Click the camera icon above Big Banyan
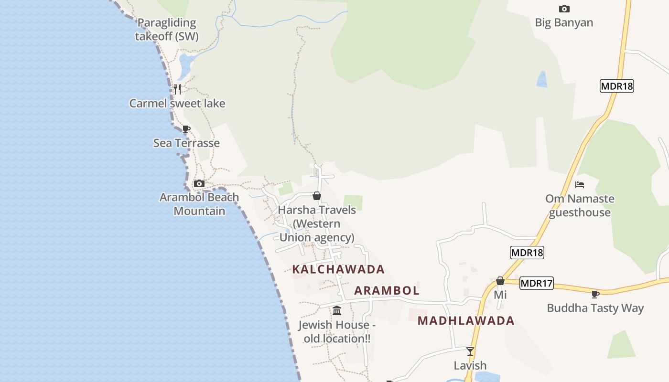coord(564,9)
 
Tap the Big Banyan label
coord(564,22)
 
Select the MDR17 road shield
coord(536,283)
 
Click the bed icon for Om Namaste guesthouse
coord(580,185)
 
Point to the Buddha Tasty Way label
coord(595,308)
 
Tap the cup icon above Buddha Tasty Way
coord(595,294)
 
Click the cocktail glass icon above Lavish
coord(470,351)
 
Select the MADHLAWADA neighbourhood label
coord(466,320)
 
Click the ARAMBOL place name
coord(387,290)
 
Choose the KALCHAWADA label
coord(338,269)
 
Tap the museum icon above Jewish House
coord(337,311)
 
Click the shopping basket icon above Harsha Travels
coord(316,196)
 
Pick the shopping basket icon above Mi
coord(500,281)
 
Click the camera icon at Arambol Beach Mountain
coord(199,183)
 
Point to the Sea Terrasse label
coord(186,143)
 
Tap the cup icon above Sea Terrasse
coord(186,129)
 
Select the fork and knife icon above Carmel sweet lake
coord(177,89)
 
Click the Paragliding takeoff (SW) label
coord(166,29)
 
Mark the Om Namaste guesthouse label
coord(580,205)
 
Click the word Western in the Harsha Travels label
coord(317,223)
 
